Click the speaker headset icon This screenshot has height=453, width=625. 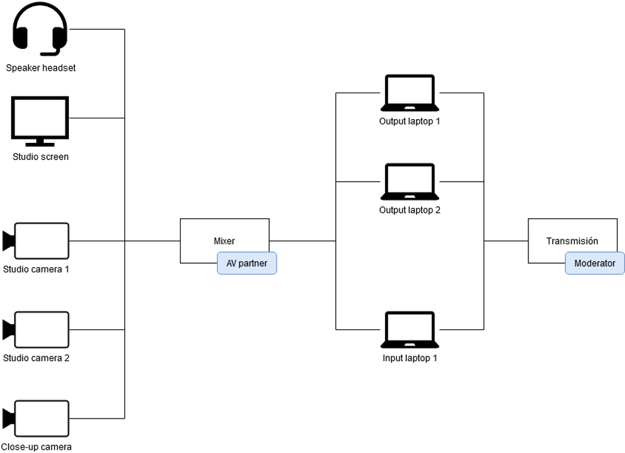click(40, 30)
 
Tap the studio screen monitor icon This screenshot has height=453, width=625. click(40, 119)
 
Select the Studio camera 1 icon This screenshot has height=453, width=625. click(36, 241)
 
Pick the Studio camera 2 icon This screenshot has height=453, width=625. click(36, 329)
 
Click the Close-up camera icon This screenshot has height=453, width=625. click(36, 418)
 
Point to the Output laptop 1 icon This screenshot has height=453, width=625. click(409, 93)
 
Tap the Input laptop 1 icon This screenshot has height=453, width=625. click(409, 329)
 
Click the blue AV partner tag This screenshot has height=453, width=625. click(247, 263)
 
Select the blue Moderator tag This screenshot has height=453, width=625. click(595, 263)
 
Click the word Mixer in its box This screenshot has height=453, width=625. click(224, 241)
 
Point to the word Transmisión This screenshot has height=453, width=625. click(572, 241)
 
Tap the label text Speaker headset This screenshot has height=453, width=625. click(41, 68)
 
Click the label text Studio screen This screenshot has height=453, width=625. click(40, 157)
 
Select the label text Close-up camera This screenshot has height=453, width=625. click(36, 447)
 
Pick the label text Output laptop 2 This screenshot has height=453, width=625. click(409, 210)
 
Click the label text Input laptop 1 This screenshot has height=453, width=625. click(409, 358)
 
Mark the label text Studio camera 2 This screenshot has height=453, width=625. click(36, 358)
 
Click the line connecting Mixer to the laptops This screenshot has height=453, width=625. click(302, 241)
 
